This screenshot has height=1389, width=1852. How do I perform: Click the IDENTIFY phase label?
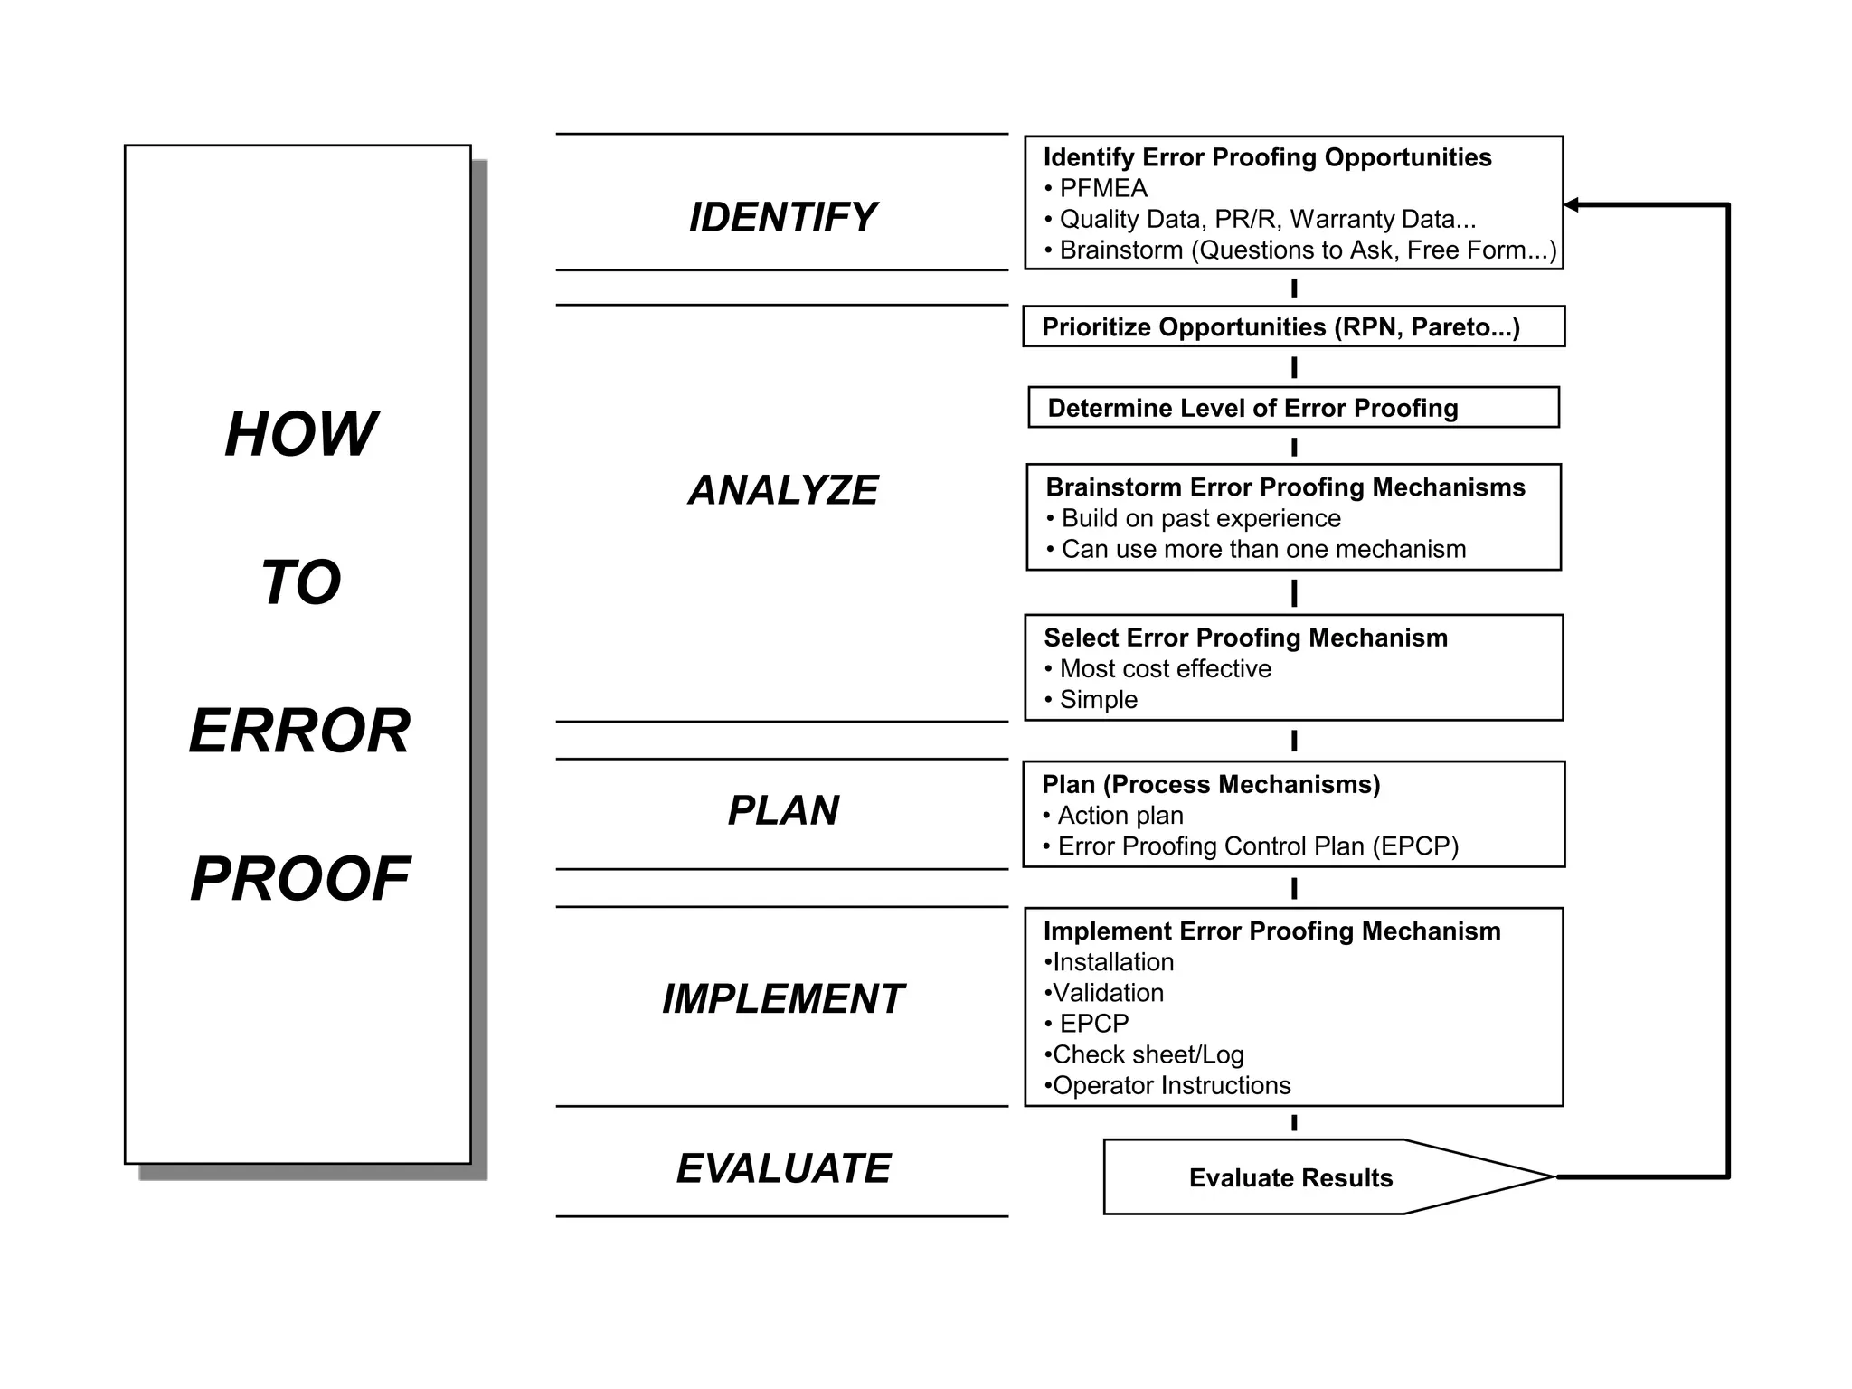pos(782,218)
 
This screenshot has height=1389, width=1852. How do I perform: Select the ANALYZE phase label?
pos(782,490)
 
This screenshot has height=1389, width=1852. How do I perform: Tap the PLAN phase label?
pos(783,810)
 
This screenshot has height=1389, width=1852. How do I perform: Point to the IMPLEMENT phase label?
pos(782,999)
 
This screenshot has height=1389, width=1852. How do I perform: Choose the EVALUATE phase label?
pos(783,1168)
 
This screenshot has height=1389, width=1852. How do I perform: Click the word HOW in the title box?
pos(300,435)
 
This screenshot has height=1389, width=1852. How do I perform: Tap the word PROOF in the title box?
pos(300,879)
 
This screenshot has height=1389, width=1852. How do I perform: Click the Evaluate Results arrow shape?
pos(1290,1177)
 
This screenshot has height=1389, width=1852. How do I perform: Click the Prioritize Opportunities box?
pos(1293,326)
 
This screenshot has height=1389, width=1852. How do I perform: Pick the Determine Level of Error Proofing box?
pos(1293,408)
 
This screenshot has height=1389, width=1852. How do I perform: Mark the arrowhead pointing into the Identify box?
pos(1572,205)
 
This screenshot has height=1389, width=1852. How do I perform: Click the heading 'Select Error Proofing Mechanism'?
pos(1245,638)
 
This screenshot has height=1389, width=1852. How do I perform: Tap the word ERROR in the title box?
pos(300,731)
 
